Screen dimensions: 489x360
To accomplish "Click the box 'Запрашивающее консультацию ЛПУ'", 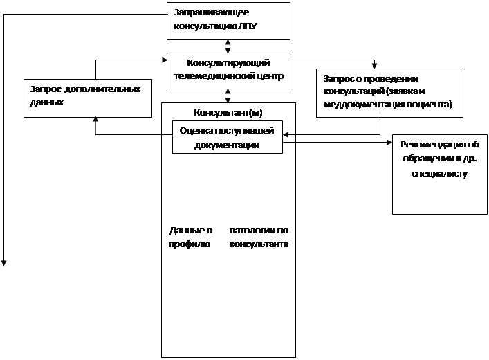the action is coord(228,21).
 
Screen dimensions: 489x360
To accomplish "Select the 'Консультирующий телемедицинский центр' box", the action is coord(228,70).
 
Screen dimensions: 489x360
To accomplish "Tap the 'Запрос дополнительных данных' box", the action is coord(88,97).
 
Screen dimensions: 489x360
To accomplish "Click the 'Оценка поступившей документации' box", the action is coord(227,136).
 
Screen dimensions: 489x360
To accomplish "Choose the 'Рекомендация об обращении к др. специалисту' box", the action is coord(439,173).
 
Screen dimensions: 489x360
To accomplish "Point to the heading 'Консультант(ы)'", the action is coord(228,111).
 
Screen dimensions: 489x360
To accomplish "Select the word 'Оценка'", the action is coord(195,130).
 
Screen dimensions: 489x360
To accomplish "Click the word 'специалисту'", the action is coord(439,174).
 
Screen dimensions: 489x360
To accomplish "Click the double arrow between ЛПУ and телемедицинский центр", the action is coord(228,46).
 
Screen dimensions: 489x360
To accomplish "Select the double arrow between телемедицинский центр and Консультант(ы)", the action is coord(228,95).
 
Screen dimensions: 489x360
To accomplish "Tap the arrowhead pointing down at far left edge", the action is coord(4,262).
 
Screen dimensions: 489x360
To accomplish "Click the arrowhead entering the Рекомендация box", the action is coord(389,143).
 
